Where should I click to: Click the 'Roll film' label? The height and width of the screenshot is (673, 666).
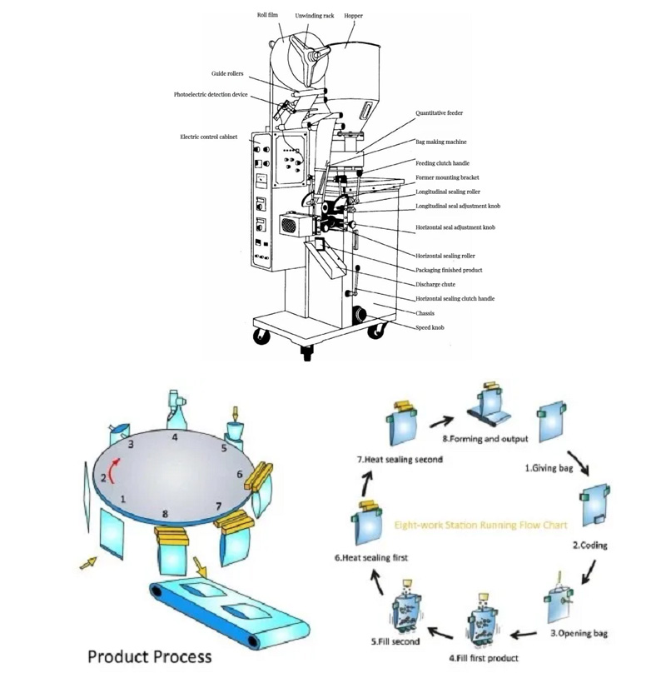(x=267, y=15)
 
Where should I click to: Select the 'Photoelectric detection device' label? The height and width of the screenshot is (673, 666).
(x=211, y=95)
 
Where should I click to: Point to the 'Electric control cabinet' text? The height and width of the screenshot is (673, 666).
(x=208, y=136)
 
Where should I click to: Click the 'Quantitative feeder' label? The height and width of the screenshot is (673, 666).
(x=439, y=112)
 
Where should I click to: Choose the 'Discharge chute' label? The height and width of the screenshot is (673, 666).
(x=435, y=284)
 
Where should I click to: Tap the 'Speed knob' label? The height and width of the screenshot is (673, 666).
(x=430, y=327)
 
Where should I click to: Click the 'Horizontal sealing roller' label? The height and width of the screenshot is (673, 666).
(x=445, y=256)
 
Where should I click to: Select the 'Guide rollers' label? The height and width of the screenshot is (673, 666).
(x=227, y=73)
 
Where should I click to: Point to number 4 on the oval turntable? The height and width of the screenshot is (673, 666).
(x=175, y=436)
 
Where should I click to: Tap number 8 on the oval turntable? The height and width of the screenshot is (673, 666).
(x=165, y=514)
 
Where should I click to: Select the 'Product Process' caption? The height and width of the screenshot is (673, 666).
(x=150, y=656)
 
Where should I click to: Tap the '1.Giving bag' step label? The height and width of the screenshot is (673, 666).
(x=549, y=468)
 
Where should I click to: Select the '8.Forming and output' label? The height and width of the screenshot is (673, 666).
(x=485, y=439)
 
